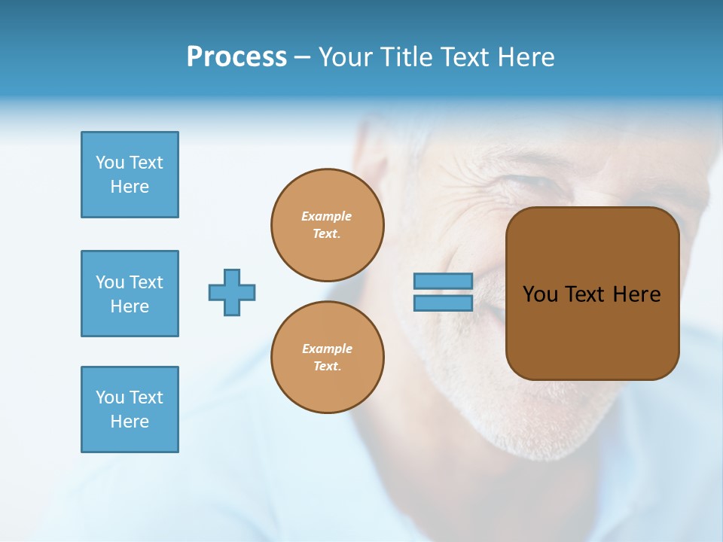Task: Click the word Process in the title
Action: pyautogui.click(x=236, y=57)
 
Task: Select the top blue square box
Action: pyautogui.click(x=130, y=175)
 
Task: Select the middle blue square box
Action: pyautogui.click(x=130, y=294)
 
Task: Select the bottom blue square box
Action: pyautogui.click(x=130, y=410)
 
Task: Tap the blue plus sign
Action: pyautogui.click(x=232, y=292)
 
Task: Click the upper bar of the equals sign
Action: pyautogui.click(x=443, y=281)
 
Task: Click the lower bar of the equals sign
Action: pyautogui.click(x=443, y=303)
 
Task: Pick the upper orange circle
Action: pyautogui.click(x=328, y=225)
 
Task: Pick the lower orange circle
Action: pyautogui.click(x=328, y=358)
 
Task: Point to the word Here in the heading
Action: pyautogui.click(x=525, y=57)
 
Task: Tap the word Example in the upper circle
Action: pyautogui.click(x=327, y=216)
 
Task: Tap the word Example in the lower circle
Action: pyautogui.click(x=327, y=349)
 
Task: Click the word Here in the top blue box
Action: pyautogui.click(x=130, y=187)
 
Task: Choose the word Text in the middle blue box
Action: pyautogui.click(x=145, y=282)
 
